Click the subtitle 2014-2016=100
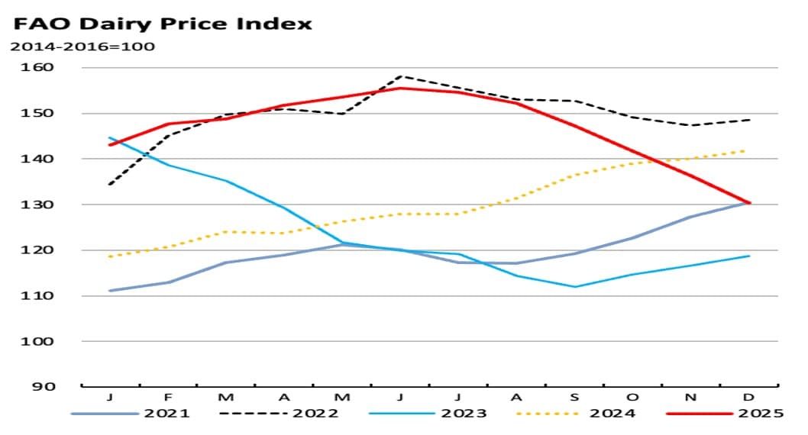click(82, 47)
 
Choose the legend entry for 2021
click(131, 414)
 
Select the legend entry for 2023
click(428, 414)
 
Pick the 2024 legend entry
click(577, 414)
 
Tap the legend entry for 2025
click(726, 414)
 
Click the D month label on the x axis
click(748, 398)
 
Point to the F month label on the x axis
click(168, 398)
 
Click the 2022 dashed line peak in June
click(401, 76)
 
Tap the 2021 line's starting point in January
click(111, 291)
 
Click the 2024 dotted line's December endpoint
click(747, 150)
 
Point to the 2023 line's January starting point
click(111, 138)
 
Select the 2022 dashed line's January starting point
click(111, 184)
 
